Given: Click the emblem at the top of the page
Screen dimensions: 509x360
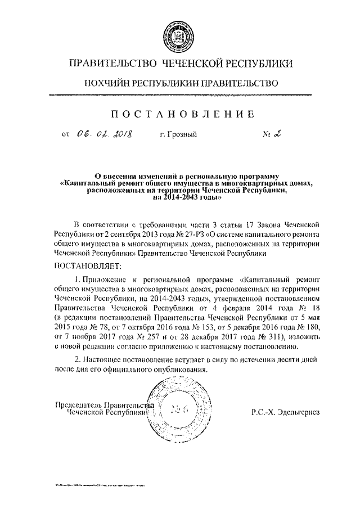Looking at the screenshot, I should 179,31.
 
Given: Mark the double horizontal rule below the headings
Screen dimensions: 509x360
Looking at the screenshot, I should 179,96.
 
